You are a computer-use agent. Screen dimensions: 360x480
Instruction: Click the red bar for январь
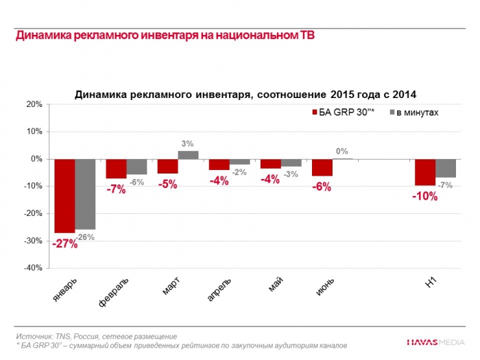65,195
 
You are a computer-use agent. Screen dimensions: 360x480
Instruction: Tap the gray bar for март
188,155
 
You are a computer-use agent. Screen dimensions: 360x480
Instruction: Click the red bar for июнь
322,167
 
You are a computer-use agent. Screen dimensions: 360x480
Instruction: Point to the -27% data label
66,243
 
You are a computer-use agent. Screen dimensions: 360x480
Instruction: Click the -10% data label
425,196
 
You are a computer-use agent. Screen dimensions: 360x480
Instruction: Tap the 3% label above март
188,143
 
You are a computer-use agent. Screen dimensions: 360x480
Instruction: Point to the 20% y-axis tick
34,104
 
